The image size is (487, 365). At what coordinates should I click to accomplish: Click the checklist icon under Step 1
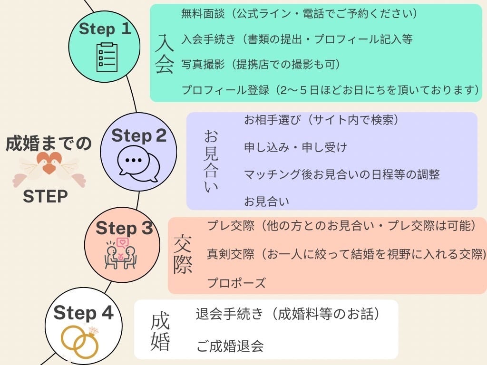click(107, 57)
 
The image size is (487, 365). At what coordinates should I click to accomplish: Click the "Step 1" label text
click(105, 29)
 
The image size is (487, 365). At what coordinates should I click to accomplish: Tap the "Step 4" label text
click(83, 313)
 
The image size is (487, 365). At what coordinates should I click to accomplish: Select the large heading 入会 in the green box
click(164, 53)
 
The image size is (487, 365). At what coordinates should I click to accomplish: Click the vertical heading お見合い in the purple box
click(211, 162)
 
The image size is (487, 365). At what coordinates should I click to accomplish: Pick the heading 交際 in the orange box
click(183, 254)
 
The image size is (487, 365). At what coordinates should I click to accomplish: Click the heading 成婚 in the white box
click(160, 332)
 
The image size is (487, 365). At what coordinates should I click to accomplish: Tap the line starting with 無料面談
click(299, 14)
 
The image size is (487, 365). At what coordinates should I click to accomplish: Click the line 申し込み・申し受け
click(295, 148)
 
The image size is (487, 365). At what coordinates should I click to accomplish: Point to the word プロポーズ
click(236, 283)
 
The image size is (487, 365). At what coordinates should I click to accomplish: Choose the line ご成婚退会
click(230, 346)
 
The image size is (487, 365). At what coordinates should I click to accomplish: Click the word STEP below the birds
click(46, 197)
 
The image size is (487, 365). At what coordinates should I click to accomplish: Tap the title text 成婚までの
click(49, 144)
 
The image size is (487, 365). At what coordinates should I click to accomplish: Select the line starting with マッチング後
click(341, 174)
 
